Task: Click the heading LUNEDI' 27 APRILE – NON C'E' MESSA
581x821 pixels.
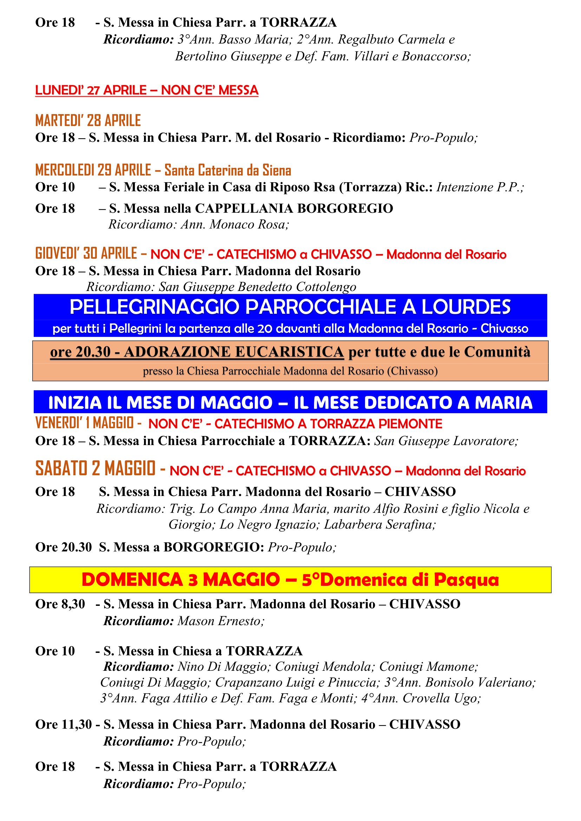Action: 147,90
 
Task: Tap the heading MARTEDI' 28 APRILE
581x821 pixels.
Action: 88,121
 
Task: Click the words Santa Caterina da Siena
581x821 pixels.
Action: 228,170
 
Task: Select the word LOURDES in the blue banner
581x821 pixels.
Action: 466,307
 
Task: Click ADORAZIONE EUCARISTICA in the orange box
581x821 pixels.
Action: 234,352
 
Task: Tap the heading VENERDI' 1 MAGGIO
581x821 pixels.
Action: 84,423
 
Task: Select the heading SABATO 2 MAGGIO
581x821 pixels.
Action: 95,469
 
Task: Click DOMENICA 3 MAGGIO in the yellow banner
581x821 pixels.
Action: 181,580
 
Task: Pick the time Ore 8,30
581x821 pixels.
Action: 60,604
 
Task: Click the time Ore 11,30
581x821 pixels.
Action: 64,724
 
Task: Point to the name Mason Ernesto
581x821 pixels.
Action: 220,621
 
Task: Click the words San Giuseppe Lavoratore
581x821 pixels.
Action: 445,441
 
